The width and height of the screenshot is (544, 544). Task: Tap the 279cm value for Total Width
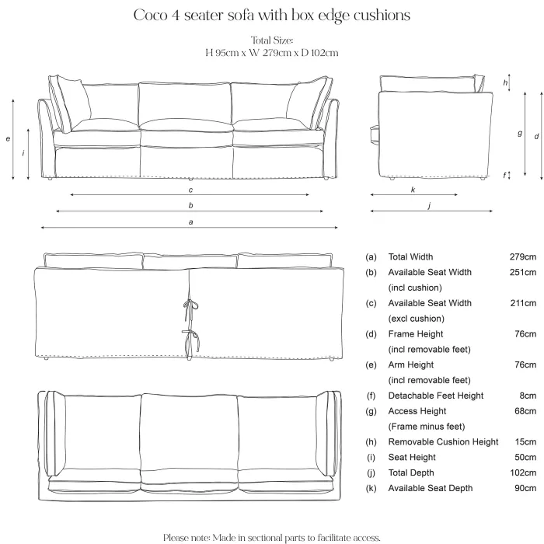coord(523,256)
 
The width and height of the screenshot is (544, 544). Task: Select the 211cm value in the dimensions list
coord(523,303)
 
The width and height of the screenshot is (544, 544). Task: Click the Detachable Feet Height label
coord(436,396)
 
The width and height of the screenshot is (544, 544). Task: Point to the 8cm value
coord(528,396)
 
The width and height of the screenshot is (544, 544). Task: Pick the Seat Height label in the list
coord(412,457)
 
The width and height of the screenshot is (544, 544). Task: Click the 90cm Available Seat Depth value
coord(525,488)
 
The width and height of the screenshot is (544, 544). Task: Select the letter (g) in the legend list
coord(371,411)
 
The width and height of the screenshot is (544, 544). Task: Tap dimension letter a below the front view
coord(190,222)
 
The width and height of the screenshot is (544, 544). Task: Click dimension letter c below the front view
coord(190,190)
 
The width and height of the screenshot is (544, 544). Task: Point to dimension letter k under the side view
coord(413,190)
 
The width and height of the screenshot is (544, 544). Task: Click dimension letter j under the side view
coord(430,205)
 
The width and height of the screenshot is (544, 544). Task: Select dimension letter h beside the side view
coord(505,82)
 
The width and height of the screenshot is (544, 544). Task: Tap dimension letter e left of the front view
coord(8,139)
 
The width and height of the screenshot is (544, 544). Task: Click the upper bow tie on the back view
coord(190,307)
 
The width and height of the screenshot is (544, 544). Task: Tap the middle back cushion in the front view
coord(185,104)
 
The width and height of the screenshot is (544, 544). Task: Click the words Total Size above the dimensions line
coord(272,40)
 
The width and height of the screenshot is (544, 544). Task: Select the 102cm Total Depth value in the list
coord(523,473)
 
